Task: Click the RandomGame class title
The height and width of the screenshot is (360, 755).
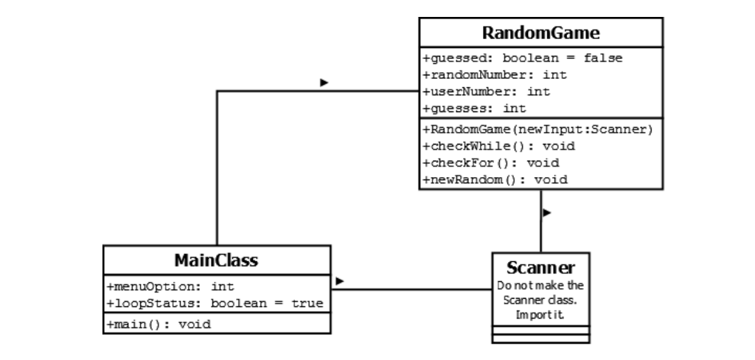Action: point(540,33)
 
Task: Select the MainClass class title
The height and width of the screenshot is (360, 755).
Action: point(216,260)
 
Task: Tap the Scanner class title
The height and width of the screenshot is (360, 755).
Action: point(540,266)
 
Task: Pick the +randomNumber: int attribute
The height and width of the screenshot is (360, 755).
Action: point(495,75)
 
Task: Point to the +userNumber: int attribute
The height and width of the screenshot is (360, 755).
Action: point(487,91)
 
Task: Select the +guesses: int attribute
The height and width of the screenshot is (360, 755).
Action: point(474,108)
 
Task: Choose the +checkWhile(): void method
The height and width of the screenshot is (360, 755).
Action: point(498,146)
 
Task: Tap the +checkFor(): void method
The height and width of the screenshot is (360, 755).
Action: point(490,162)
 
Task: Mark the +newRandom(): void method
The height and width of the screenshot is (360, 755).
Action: point(495,179)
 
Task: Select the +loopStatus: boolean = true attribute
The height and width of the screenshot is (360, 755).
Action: point(215,303)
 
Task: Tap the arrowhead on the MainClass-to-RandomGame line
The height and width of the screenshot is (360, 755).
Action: point(324,83)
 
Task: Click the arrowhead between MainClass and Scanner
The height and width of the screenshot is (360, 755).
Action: point(340,281)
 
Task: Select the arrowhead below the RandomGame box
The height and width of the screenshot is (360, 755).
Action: point(547,213)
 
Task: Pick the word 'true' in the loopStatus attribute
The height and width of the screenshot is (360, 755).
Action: point(307,303)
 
